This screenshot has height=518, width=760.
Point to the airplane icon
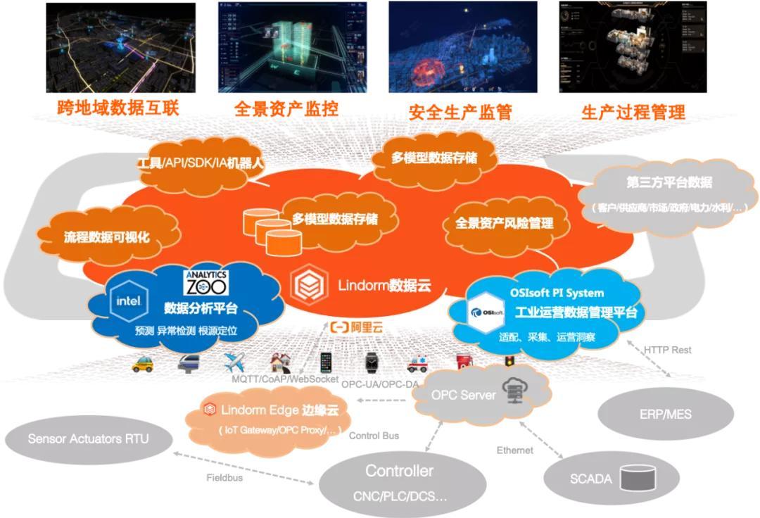234,362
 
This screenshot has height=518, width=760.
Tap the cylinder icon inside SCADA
635,478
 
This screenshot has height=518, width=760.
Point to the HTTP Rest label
668,350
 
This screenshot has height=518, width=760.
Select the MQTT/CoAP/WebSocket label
286,380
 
